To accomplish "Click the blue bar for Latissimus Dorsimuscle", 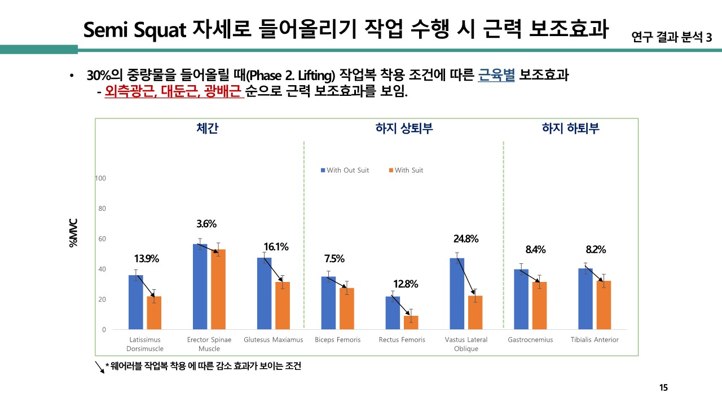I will pyautogui.click(x=135, y=302).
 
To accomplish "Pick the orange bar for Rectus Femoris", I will pyautogui.click(x=411, y=323).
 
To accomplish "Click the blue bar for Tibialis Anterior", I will pyautogui.click(x=585, y=299).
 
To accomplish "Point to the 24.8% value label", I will pyautogui.click(x=466, y=239).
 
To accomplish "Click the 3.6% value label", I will pyautogui.click(x=206, y=224).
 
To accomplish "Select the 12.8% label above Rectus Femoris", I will pyautogui.click(x=406, y=284).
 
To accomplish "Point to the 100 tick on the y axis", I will pyautogui.click(x=100, y=178).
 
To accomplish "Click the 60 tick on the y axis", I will pyautogui.click(x=102, y=239).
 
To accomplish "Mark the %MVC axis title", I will pyautogui.click(x=73, y=233).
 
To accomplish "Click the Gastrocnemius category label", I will pyautogui.click(x=530, y=340).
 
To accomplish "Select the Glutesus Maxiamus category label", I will pyautogui.click(x=274, y=340).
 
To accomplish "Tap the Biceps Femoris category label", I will pyautogui.click(x=337, y=340).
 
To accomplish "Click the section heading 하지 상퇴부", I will pyautogui.click(x=404, y=128).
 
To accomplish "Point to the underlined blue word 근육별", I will pyautogui.click(x=496, y=76).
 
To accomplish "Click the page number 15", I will pyautogui.click(x=663, y=387).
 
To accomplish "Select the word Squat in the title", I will pyautogui.click(x=160, y=30).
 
